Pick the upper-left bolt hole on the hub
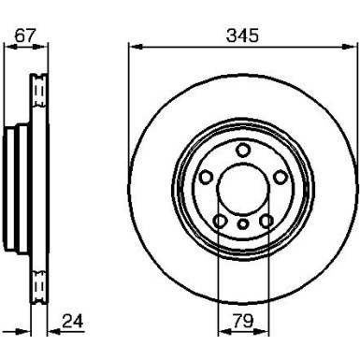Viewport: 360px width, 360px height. pyautogui.click(x=206, y=177)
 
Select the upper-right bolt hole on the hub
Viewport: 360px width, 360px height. pyautogui.click(x=279, y=177)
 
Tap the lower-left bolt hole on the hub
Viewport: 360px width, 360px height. pyautogui.click(x=220, y=220)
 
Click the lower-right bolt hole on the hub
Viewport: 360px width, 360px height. pyautogui.click(x=266, y=220)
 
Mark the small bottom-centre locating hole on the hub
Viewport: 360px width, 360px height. pyautogui.click(x=242, y=224)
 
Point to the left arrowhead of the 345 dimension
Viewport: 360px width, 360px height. pyautogui.click(x=132, y=46)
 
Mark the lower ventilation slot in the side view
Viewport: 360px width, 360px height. pyautogui.click(x=38, y=281)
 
